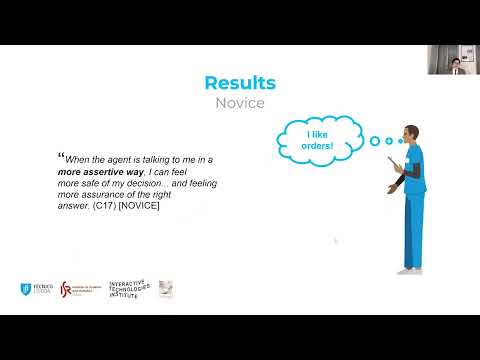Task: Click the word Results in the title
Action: [240, 83]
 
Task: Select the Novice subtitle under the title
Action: [240, 102]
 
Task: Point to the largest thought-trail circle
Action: [375, 141]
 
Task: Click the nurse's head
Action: [411, 133]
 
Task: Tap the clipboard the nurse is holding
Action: [397, 163]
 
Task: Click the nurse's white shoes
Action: [409, 269]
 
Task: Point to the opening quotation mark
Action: [60, 155]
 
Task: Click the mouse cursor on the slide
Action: [336, 241]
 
